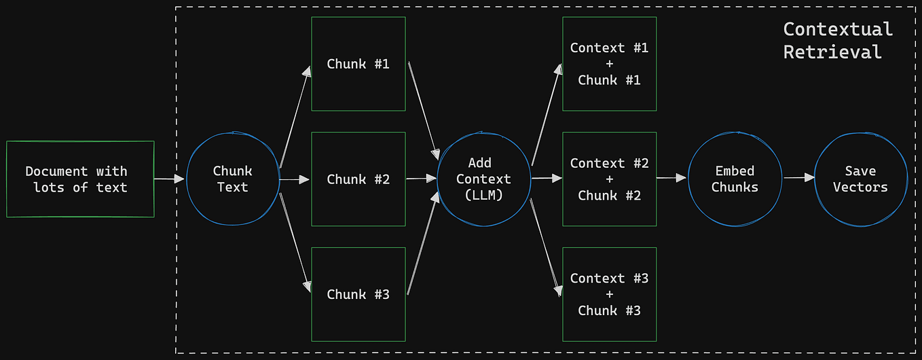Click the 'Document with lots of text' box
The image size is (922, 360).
pos(80,179)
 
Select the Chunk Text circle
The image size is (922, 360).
pos(233,179)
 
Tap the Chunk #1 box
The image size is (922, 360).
pos(358,64)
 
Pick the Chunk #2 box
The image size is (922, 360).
pos(358,179)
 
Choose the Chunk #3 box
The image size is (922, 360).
pos(358,294)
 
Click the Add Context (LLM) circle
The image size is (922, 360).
pos(483,179)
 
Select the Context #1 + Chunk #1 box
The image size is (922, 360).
pos(609,64)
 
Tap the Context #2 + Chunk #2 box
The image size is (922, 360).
pos(609,179)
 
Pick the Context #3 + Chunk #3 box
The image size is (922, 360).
pos(609,294)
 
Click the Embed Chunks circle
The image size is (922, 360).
pos(735,179)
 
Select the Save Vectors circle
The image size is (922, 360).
pos(860,179)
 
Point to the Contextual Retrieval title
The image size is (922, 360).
pos(837,40)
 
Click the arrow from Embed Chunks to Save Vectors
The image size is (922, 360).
pos(798,178)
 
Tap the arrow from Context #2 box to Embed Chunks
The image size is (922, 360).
pos(671,178)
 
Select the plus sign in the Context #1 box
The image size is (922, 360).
pos(609,64)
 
